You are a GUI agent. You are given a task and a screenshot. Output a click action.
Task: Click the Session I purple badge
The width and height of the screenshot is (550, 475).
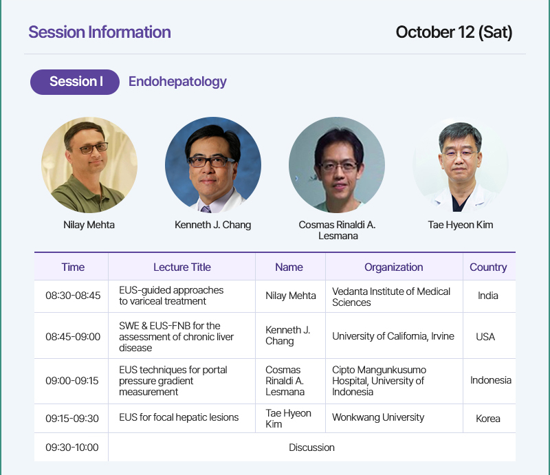75,82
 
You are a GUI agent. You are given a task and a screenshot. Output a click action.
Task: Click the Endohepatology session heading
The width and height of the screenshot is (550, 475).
177,82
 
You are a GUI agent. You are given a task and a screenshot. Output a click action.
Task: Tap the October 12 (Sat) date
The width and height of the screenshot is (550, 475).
454,32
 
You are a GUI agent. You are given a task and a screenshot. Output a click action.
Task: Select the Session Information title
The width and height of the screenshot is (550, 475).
100,32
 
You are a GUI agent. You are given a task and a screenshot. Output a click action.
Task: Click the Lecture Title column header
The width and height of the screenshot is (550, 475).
182,267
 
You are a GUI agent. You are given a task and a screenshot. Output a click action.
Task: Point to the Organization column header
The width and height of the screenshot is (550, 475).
393,267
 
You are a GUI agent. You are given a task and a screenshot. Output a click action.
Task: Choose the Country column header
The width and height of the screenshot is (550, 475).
488,267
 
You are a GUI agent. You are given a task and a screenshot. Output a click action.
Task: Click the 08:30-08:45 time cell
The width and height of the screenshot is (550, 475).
73,296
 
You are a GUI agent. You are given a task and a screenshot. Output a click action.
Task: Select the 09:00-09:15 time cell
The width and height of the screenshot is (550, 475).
72,381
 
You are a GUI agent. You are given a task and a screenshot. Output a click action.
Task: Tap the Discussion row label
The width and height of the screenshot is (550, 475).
311,448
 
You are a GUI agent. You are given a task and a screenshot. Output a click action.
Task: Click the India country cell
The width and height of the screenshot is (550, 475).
488,296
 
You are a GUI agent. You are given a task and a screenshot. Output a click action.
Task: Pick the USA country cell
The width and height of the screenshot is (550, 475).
485,337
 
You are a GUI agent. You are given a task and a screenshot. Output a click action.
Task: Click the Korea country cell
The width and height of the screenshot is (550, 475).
488,419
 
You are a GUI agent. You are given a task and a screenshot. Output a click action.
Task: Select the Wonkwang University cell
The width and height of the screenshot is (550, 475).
378,417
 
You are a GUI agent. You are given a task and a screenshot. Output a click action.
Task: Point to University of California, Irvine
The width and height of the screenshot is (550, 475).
393,336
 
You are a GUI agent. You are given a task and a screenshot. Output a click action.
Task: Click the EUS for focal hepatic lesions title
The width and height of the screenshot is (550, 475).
179,417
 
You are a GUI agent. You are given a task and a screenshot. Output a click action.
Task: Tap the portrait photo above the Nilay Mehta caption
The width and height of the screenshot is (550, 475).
89,165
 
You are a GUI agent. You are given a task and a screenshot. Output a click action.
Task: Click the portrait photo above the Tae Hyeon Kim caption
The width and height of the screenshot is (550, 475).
461,165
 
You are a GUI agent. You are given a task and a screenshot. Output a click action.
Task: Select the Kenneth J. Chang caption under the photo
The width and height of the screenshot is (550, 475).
213,225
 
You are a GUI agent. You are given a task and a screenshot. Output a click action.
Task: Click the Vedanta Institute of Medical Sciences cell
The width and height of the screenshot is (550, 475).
391,297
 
